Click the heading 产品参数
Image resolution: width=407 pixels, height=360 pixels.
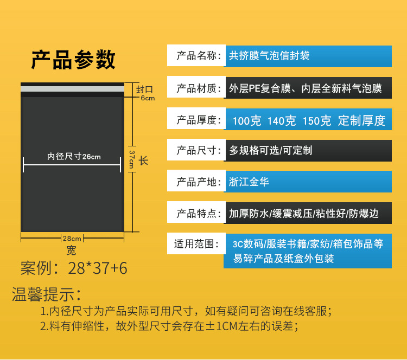pyautogui.click(x=73, y=60)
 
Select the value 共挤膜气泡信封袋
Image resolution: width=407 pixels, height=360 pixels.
pyautogui.click(x=270, y=56)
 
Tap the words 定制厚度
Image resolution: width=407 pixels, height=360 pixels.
pyautogui.click(x=361, y=120)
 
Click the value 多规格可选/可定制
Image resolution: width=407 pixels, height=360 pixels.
pyautogui.click(x=271, y=150)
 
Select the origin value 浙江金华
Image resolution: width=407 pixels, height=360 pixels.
pyautogui.click(x=249, y=182)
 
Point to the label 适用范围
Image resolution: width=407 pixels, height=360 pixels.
pyautogui.click(x=196, y=244)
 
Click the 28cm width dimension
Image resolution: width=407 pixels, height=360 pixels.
pyautogui.click(x=72, y=238)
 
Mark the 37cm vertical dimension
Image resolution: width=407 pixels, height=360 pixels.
pyautogui.click(x=132, y=160)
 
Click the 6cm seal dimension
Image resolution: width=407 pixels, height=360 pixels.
pyautogui.click(x=148, y=98)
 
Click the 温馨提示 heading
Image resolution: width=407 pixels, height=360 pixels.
pyautogui.click(x=47, y=295)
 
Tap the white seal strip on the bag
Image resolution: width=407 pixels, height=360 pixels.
pyautogui.click(x=72, y=87)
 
